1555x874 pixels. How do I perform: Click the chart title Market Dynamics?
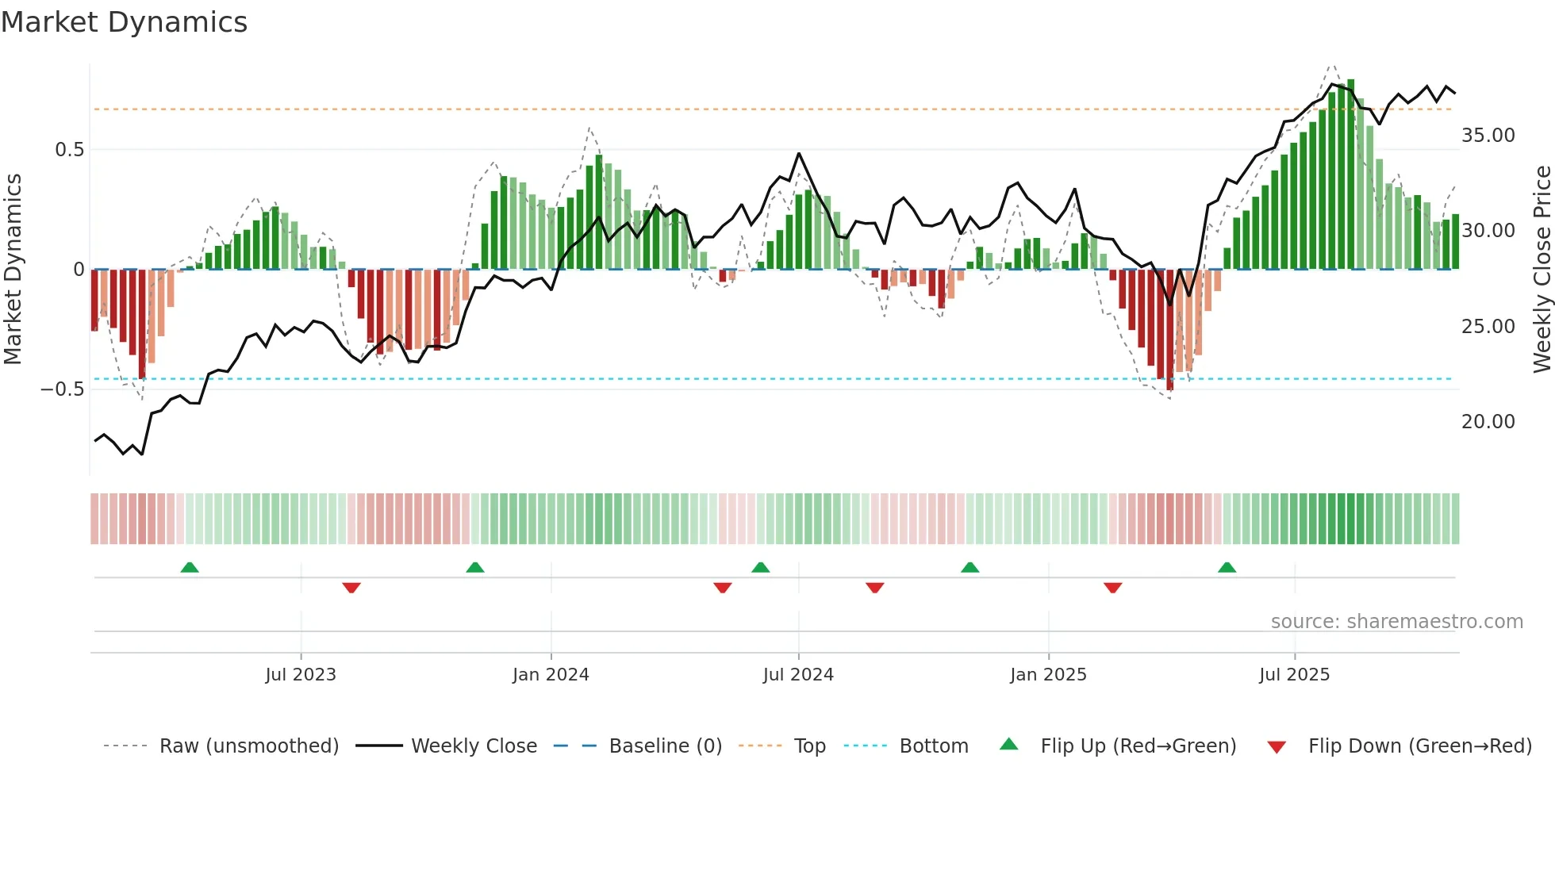tap(124, 22)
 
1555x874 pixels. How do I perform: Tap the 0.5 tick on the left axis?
tap(69, 150)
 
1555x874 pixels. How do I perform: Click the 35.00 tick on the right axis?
tap(1488, 136)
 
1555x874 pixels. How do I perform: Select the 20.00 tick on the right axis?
tap(1488, 422)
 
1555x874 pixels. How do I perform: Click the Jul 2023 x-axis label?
tap(301, 675)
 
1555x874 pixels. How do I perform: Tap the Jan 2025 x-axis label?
tap(1048, 675)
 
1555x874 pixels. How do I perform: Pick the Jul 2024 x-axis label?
tap(798, 675)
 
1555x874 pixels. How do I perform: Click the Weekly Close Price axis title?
tap(1542, 270)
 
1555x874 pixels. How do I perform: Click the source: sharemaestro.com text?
tap(1396, 622)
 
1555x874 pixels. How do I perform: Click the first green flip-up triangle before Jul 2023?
tap(189, 567)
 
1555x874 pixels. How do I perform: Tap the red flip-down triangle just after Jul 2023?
tap(351, 588)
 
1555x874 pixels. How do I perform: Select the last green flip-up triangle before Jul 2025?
tap(1227, 567)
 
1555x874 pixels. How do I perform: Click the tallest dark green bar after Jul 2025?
tap(1350, 174)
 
